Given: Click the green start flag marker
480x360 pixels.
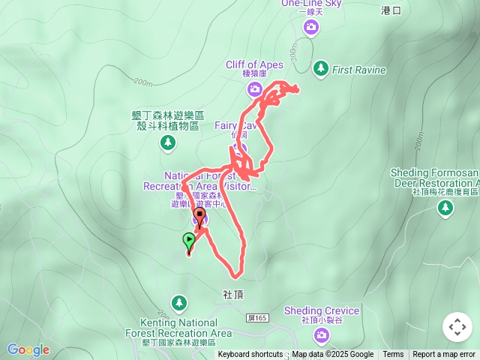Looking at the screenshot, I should tap(188, 241).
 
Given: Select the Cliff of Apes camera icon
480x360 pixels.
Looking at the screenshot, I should tap(255, 90).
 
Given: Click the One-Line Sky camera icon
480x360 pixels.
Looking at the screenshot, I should tap(311, 28).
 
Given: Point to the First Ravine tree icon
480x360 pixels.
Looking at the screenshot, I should tap(321, 68).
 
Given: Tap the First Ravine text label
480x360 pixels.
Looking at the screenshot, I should tap(359, 70).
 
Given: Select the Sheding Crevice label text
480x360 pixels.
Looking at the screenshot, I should tap(331, 310).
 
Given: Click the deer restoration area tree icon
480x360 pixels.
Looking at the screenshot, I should tap(445, 208).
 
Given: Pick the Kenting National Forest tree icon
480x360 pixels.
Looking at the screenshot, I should tap(178, 303).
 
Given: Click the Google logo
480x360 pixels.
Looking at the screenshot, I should tap(28, 349).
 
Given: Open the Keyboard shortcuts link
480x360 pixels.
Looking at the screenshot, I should tap(250, 355).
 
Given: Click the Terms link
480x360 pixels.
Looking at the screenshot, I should tap(393, 355).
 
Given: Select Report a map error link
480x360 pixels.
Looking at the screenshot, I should tap(444, 355).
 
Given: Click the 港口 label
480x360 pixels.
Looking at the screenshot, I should tap(391, 10).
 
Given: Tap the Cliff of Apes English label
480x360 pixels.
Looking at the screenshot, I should tap(254, 64).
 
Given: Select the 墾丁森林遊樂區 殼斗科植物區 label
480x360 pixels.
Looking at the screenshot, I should tap(166, 121).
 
